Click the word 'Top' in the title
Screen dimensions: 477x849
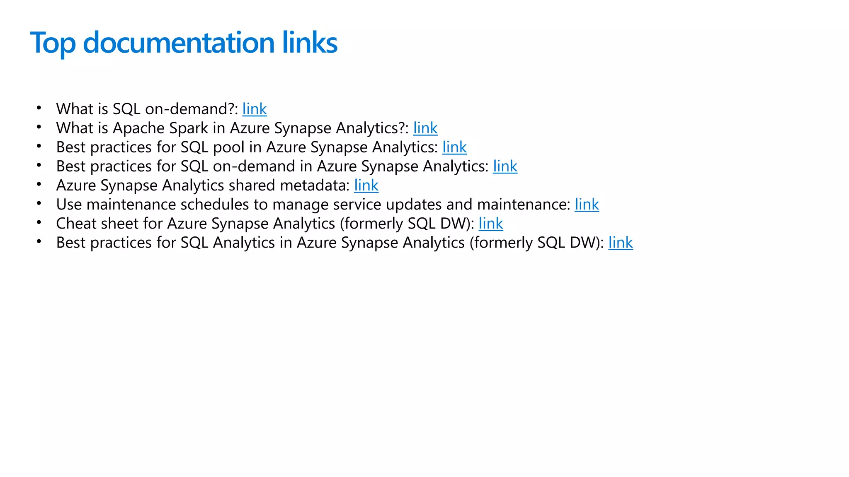53,43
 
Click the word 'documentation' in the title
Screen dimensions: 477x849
179,43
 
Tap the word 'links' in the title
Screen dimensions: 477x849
310,43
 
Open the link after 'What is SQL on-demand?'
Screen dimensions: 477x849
255,109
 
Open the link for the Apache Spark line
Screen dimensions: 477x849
425,128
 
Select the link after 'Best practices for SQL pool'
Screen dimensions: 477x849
454,147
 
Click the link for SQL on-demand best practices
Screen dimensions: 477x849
505,166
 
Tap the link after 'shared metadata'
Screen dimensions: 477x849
366,185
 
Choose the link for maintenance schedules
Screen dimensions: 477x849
587,205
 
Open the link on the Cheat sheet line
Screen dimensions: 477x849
491,224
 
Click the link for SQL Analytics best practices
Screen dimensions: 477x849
621,243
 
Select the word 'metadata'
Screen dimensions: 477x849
315,185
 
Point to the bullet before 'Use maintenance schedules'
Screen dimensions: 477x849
39,203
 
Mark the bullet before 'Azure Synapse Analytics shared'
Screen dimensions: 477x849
39,184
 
